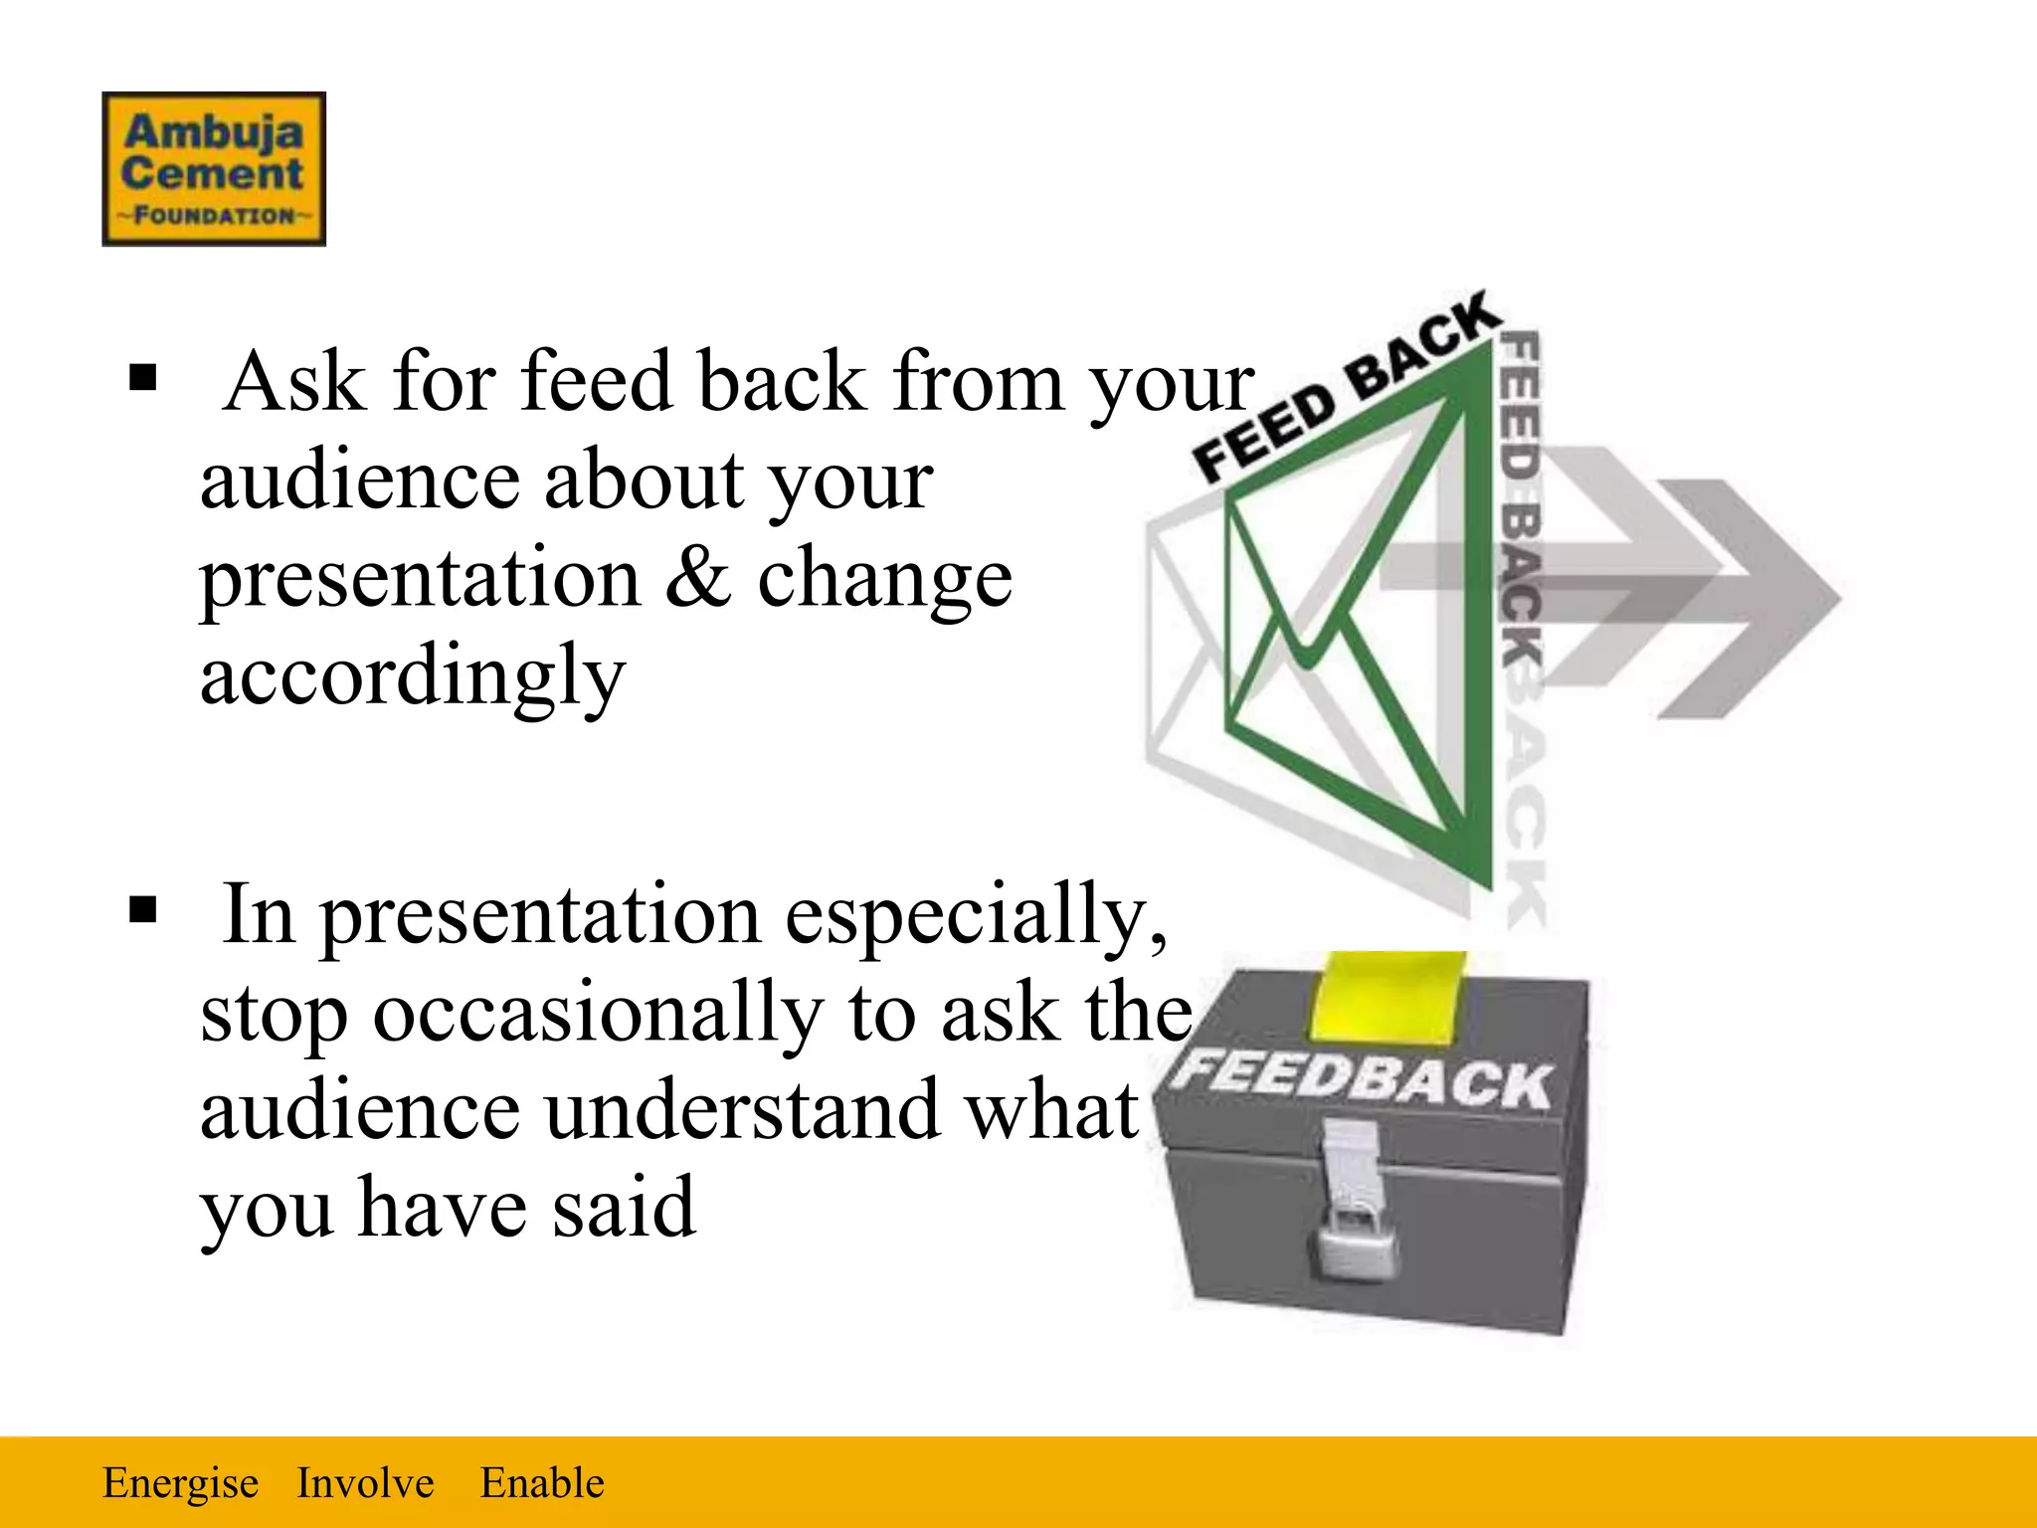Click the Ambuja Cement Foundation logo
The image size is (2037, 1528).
point(214,168)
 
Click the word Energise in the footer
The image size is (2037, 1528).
point(180,1482)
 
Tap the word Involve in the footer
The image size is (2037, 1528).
point(365,1482)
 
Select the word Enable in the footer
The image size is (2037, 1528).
point(542,1482)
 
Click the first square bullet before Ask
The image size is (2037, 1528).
point(143,379)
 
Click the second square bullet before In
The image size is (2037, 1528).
point(143,909)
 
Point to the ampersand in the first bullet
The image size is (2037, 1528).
point(698,579)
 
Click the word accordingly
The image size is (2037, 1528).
point(412,676)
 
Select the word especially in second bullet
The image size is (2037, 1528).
point(975,915)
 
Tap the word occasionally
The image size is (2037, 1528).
point(598,1013)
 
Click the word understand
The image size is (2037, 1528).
point(741,1110)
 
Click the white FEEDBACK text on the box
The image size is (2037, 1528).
point(1363,1078)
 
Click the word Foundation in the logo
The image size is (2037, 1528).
point(214,216)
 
